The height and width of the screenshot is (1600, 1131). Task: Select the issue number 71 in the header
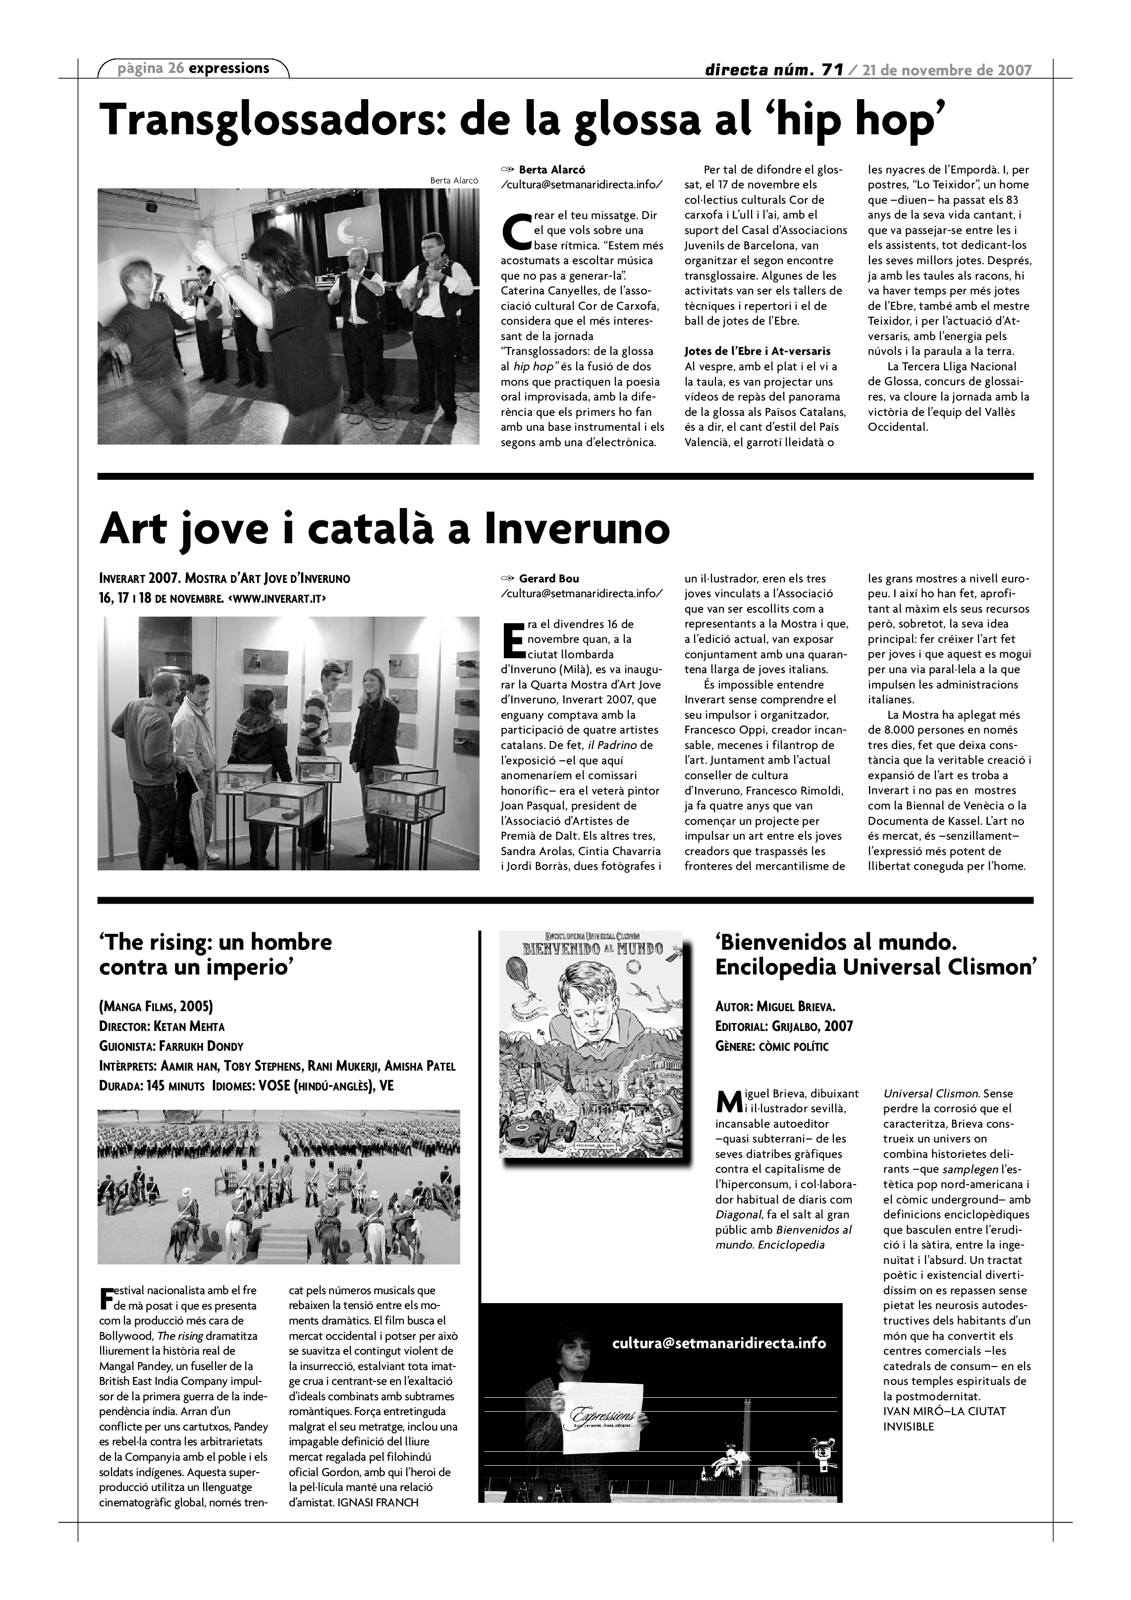[832, 70]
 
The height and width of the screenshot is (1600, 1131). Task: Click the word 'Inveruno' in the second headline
[577, 530]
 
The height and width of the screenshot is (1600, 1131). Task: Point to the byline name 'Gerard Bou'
[549, 578]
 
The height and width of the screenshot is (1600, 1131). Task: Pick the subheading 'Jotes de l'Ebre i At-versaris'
[757, 351]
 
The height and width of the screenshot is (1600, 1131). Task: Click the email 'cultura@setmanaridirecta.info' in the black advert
[719, 1343]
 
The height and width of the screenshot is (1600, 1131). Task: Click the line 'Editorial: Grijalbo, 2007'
[784, 1027]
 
